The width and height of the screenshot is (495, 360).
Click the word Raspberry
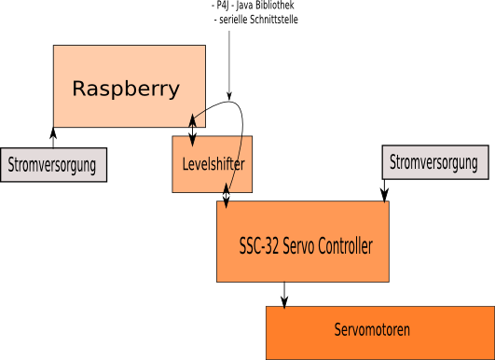[x=126, y=89]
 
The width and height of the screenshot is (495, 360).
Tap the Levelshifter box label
[x=213, y=164]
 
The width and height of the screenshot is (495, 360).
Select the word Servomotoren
[x=372, y=329]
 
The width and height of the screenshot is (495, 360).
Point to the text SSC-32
[x=259, y=245]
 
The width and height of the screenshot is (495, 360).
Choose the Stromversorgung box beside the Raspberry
[x=53, y=164]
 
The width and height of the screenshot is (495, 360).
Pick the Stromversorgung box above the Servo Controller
[x=435, y=162]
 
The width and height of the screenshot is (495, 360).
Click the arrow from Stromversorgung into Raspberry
[x=53, y=137]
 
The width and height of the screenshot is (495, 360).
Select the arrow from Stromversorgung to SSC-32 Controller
[x=384, y=191]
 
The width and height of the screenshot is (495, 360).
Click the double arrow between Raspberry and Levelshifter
[x=192, y=131]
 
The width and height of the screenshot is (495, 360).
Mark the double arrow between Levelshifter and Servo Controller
[x=226, y=196]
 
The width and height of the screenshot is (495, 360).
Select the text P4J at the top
[x=222, y=6]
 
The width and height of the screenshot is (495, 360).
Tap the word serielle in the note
[x=233, y=20]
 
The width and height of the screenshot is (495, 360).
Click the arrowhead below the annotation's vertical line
[x=229, y=96]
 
